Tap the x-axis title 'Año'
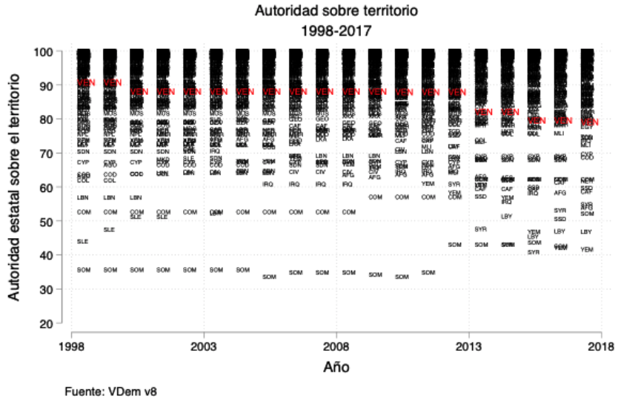coord(336,366)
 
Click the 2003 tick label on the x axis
coord(203,346)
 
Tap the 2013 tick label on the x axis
coord(468,346)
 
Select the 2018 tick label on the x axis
coord(601,346)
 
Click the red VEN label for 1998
coord(86,82)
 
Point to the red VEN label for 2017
coord(589,122)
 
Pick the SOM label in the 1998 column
coord(83,270)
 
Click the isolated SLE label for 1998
coord(83,242)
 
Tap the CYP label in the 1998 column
coord(83,162)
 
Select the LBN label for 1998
coord(83,197)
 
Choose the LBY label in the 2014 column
coord(507,217)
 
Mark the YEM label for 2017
coord(587,250)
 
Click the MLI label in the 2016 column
coord(559,133)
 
